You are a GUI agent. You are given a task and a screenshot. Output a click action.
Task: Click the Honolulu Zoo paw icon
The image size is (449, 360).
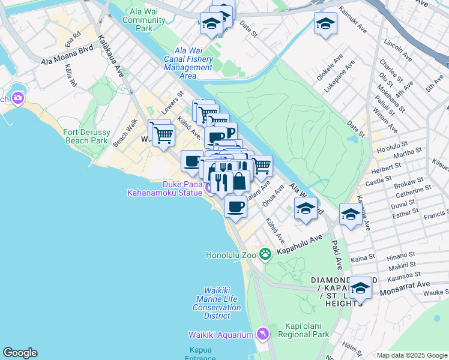tap(265, 254)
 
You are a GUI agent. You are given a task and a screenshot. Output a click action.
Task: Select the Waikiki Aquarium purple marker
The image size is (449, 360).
tap(262, 334)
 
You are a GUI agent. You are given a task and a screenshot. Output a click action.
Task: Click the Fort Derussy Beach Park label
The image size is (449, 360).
tap(86, 136)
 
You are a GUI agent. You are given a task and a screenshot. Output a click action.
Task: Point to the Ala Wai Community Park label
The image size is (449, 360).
tap(144, 20)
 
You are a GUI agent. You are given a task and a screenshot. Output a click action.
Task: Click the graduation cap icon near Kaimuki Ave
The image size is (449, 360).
tap(325, 23)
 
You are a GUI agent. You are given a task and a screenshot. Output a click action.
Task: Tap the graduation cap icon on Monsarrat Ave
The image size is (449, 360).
tap(360, 288)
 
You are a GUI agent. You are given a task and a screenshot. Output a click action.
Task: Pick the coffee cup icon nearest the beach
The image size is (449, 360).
tap(235, 207)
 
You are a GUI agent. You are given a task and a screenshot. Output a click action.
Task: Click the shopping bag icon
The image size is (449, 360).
tap(240, 181)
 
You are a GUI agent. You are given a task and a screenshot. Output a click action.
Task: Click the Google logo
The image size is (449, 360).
tap(20, 353)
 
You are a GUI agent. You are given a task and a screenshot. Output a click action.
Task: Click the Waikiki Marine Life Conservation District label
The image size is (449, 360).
tap(217, 303)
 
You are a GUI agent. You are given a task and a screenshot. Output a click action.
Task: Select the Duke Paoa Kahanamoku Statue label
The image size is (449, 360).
tap(163, 188)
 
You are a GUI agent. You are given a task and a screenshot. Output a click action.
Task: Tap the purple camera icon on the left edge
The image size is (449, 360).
tap(17, 98)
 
